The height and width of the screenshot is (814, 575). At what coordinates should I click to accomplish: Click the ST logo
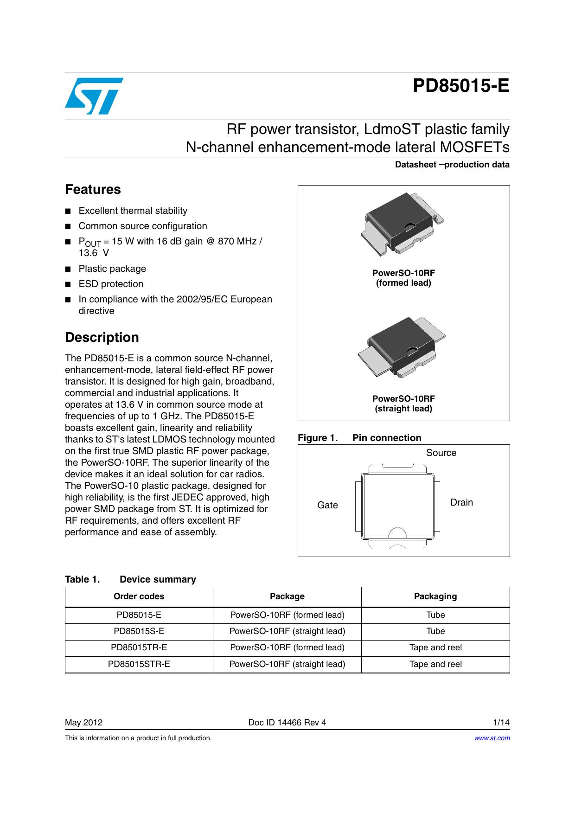point(94,96)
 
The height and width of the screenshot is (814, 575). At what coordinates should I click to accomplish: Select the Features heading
point(93,190)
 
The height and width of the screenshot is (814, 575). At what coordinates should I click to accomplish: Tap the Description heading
point(102,337)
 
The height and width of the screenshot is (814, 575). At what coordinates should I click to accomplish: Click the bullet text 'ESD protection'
point(111,284)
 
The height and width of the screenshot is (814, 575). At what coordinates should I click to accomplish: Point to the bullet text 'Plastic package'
point(112,269)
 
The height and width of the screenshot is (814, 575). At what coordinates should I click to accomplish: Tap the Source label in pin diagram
point(441,453)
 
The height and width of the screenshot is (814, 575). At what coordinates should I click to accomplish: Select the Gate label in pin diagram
point(327,505)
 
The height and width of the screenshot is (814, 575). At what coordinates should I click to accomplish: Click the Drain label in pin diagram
point(461,502)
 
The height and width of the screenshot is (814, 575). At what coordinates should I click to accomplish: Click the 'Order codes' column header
point(139,596)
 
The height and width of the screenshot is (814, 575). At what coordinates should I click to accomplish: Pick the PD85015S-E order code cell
point(139,631)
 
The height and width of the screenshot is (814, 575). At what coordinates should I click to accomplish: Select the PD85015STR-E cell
point(139,664)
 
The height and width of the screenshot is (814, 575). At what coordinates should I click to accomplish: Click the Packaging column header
point(435,596)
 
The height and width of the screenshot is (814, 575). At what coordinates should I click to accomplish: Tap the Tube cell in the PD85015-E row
point(435,615)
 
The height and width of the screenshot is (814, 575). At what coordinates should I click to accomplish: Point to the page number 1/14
point(501,722)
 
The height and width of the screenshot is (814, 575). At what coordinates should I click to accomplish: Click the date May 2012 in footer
point(84,722)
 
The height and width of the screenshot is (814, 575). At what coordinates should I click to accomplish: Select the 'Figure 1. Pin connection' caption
point(359,438)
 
